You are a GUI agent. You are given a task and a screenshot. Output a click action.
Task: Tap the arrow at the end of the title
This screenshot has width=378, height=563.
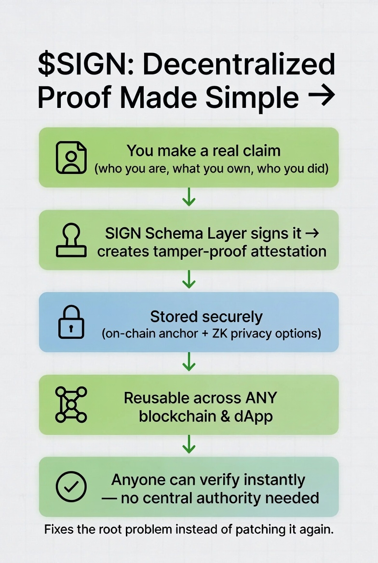[x=322, y=96]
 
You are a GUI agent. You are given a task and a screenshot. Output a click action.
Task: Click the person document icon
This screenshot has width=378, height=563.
[x=71, y=157]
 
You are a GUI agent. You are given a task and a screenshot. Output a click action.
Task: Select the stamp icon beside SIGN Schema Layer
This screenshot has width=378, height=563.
[x=71, y=240]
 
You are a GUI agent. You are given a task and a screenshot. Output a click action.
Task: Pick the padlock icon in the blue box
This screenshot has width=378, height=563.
[x=71, y=322]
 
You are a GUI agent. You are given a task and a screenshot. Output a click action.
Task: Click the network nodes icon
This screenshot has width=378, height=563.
[x=71, y=405]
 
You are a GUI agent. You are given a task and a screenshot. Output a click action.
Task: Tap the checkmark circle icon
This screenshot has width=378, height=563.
[x=71, y=487]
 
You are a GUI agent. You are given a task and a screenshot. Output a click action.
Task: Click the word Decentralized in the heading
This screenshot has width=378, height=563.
[x=239, y=65]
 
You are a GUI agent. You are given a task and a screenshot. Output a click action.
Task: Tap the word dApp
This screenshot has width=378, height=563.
[x=254, y=416]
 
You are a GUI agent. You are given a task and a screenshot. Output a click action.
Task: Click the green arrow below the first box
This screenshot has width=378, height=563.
[x=189, y=198]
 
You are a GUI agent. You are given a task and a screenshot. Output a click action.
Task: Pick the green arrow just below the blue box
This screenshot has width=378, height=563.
[x=189, y=362]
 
